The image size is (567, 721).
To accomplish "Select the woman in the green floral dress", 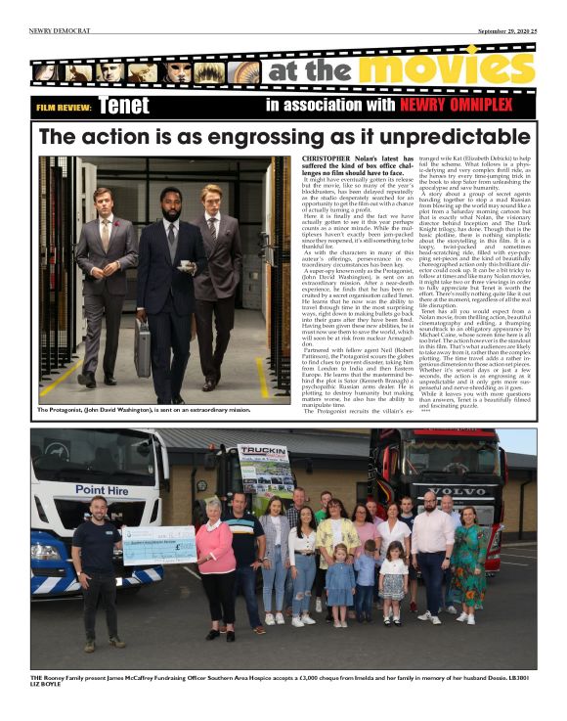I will point(465,558).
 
